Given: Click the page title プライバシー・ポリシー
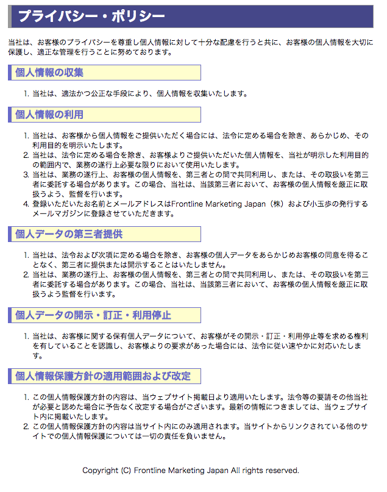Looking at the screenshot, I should pos(91,16).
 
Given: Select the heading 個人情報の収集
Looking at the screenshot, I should pos(49,73).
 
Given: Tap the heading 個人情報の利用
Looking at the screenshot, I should pos(49,115).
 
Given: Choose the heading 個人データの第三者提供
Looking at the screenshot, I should pos(69,234).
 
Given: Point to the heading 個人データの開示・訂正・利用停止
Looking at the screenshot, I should pos(93,315).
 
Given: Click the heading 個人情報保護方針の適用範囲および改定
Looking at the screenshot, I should pos(103,376).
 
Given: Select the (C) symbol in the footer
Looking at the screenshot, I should pos(126,471).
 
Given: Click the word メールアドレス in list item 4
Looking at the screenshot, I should pos(140,204).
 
